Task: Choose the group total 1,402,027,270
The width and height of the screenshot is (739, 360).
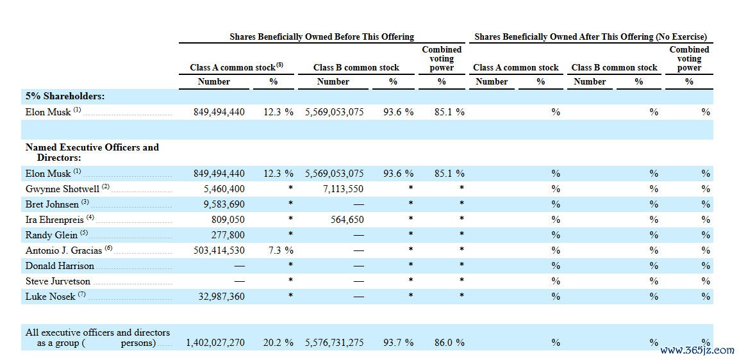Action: [x=216, y=343]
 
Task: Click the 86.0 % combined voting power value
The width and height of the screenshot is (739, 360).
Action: [x=449, y=343]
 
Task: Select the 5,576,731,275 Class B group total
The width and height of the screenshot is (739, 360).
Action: [x=335, y=343]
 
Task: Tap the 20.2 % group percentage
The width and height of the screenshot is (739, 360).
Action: [x=278, y=343]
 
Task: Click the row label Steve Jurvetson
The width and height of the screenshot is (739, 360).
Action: [x=58, y=281]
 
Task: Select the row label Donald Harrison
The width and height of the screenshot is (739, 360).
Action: [x=60, y=266]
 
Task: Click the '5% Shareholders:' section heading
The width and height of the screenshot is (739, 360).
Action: [x=65, y=96]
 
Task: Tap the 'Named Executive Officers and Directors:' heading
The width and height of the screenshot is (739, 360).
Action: [x=92, y=152]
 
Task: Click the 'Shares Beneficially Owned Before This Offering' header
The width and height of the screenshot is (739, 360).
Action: [x=322, y=37]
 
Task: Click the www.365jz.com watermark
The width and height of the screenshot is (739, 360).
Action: [x=697, y=350]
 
